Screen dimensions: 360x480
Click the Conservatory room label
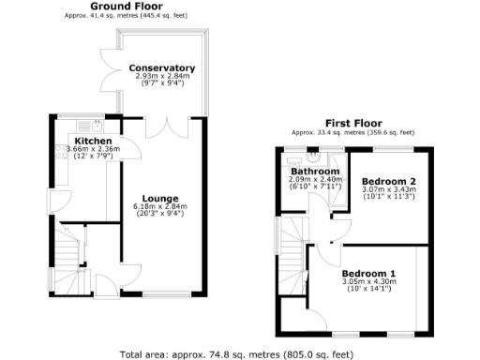(162, 68)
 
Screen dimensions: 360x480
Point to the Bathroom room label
(313, 172)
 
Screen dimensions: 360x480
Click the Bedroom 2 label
(388, 180)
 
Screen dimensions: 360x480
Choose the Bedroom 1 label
(367, 273)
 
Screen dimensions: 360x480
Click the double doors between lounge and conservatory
(166, 127)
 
